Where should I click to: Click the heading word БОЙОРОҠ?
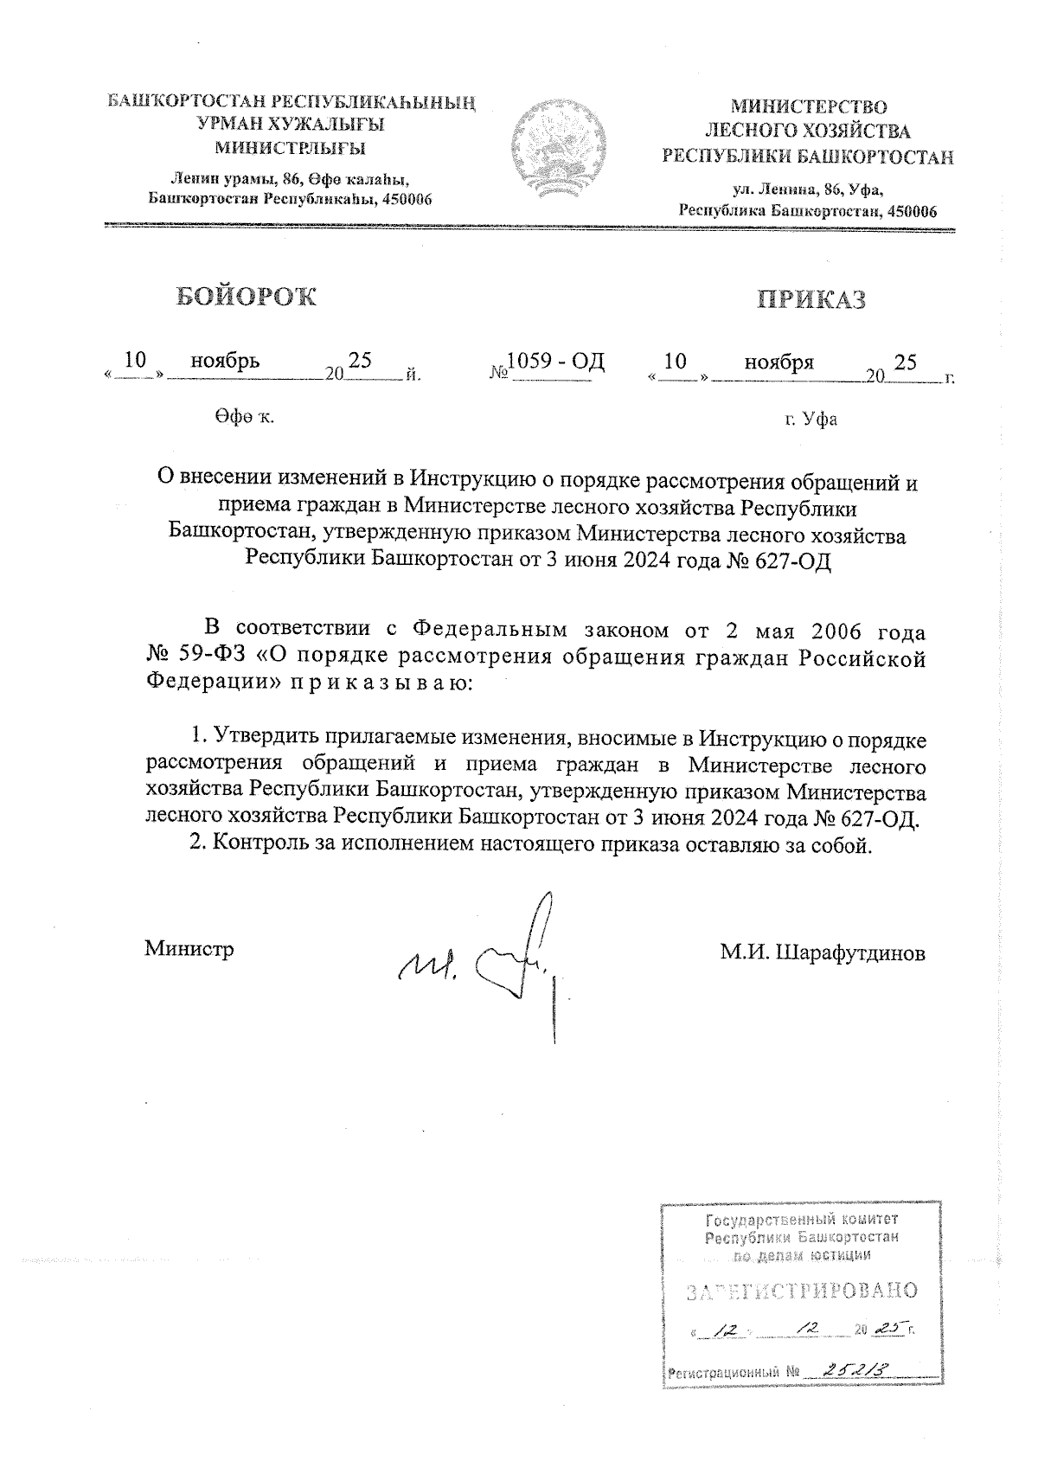point(247,296)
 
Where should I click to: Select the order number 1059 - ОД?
point(555,361)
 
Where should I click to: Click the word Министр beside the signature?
point(189,949)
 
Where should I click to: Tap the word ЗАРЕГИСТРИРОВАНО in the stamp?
point(801,1292)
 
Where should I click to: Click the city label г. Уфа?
point(811,420)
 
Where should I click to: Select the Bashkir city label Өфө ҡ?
point(240,418)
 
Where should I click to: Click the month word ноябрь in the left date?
point(225,361)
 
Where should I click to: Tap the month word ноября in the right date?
point(778,362)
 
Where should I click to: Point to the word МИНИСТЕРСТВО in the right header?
point(809,107)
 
